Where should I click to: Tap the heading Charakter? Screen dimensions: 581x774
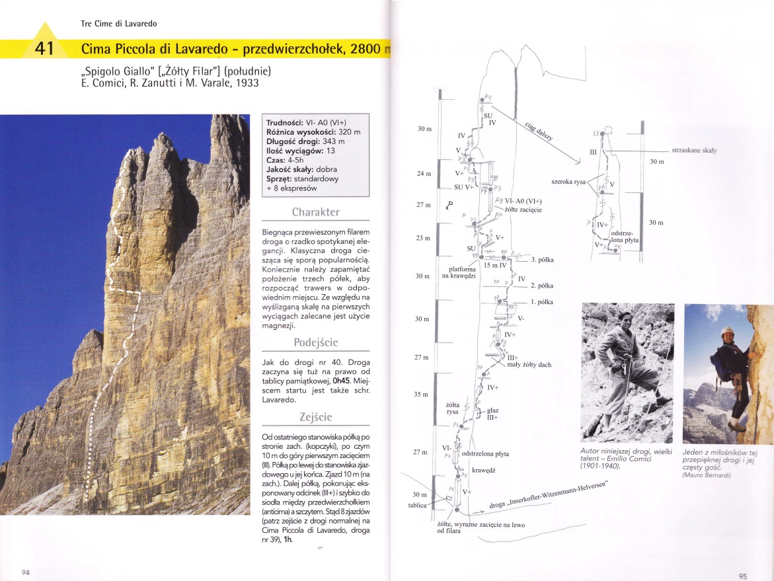tap(316, 212)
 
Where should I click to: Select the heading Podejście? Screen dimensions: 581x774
tap(316, 342)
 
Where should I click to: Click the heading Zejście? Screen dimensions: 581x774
tap(316, 417)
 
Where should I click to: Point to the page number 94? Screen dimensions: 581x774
tap(27, 572)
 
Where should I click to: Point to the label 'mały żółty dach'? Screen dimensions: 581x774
tap(529, 365)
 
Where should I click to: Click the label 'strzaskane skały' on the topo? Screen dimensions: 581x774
tap(694, 151)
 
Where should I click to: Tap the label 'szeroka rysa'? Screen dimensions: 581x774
tap(568, 181)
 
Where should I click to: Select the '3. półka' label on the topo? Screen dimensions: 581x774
tap(542, 260)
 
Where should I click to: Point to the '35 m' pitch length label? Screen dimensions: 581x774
tap(420, 395)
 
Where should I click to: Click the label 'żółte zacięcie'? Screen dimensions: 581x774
tap(523, 210)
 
